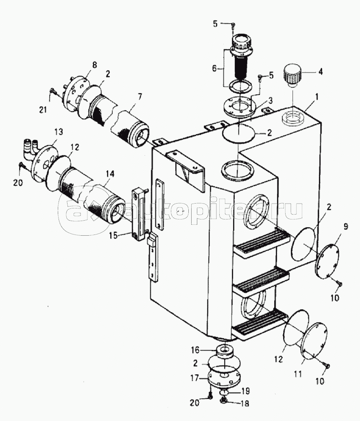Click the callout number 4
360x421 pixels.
point(320,72)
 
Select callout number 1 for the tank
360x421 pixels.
point(317,97)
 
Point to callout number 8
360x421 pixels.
point(94,65)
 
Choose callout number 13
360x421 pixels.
point(59,132)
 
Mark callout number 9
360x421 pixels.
point(346,227)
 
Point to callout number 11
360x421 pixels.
point(298,374)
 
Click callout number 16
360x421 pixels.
point(195,350)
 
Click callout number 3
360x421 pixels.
point(270,101)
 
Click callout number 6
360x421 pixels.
point(214,68)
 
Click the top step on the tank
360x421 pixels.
point(261,242)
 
